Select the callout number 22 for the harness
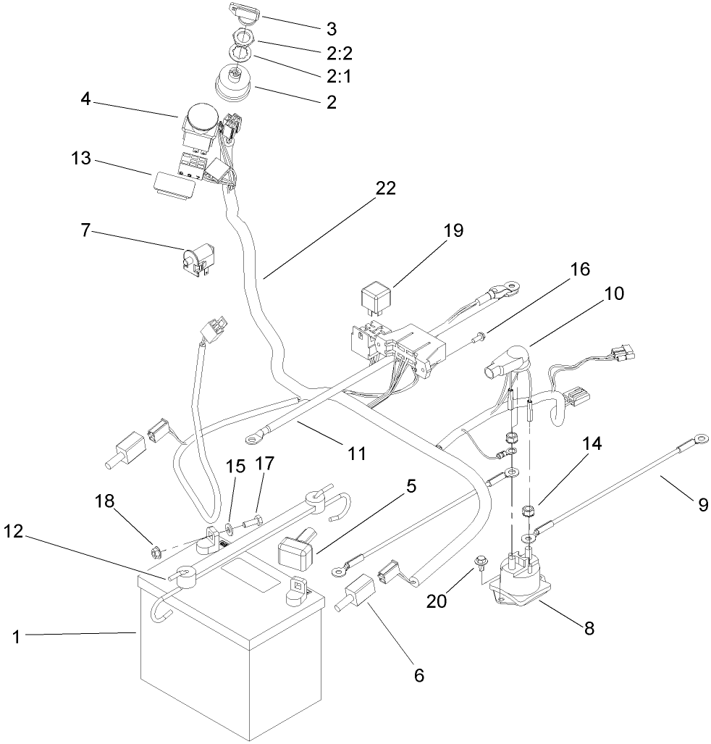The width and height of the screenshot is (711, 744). coord(385,188)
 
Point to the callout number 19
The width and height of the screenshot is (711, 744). coord(453,230)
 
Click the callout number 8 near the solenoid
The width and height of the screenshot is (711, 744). coord(589,628)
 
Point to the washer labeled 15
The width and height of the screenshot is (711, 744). coord(230,526)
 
